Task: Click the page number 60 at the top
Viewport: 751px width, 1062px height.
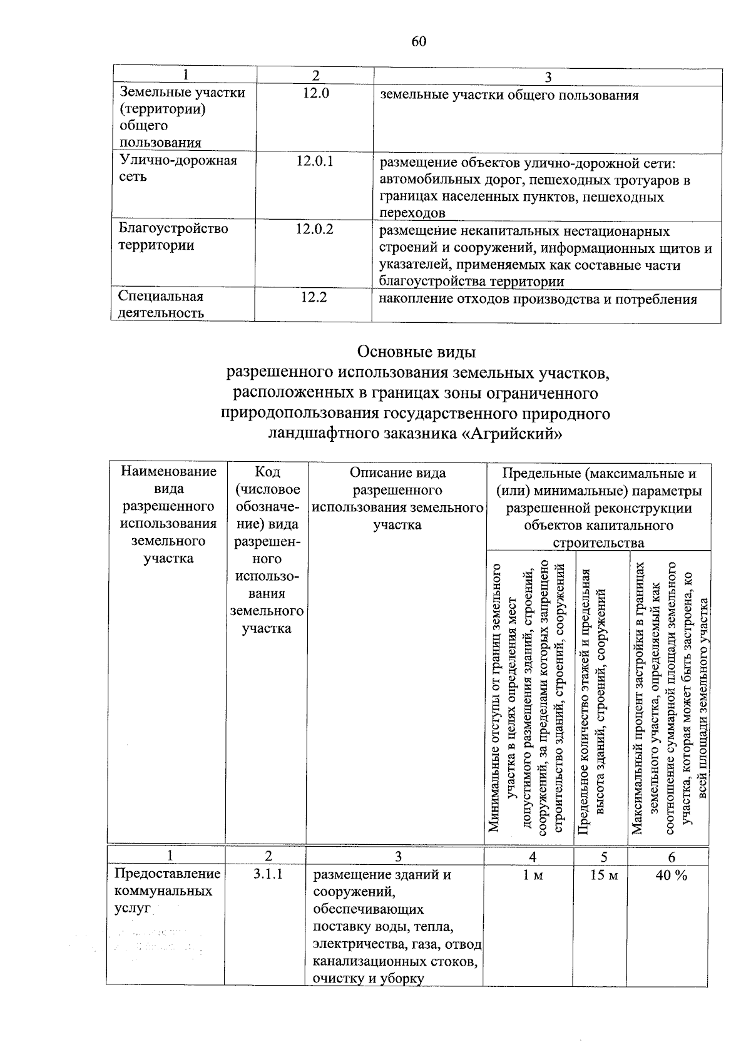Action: [x=419, y=42]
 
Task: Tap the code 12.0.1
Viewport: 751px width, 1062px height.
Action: [x=315, y=161]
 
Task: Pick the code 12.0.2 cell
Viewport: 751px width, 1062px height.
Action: [x=315, y=230]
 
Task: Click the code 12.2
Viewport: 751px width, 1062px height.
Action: [x=314, y=298]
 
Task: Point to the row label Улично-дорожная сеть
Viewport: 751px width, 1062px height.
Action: [x=178, y=168]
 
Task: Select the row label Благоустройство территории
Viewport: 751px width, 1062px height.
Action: [x=174, y=237]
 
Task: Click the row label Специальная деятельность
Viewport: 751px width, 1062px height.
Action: [x=161, y=305]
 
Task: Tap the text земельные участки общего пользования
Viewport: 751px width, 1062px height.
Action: [x=509, y=95]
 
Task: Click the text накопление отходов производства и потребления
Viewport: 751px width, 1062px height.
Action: [x=538, y=299]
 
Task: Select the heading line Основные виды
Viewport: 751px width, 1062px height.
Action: [x=417, y=352]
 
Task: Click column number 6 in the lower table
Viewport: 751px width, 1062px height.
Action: [x=672, y=857]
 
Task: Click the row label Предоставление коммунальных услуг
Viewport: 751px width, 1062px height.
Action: [x=167, y=891]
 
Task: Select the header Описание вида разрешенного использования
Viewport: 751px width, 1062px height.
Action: [x=397, y=499]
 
